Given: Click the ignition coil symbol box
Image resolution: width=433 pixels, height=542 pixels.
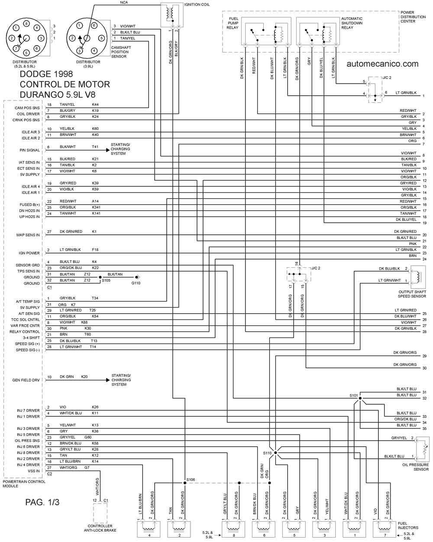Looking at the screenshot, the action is tap(172, 15).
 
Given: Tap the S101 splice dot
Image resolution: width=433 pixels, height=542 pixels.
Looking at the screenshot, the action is tap(360, 398).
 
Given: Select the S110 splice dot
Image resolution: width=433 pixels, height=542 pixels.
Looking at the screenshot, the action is tap(276, 453).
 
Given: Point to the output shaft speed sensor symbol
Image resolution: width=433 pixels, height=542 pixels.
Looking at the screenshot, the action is tap(418, 277).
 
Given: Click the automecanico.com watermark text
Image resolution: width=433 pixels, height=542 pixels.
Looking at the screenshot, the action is tap(382, 64).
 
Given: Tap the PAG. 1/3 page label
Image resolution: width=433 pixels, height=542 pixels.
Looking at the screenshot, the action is tap(42, 502).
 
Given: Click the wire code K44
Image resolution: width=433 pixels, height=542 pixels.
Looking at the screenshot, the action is tap(95, 104).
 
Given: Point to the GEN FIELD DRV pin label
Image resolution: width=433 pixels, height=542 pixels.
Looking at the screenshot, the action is tap(26, 380).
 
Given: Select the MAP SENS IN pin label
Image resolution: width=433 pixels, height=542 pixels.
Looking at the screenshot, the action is tap(28, 235).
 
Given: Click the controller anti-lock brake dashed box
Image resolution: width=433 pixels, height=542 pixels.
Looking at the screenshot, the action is tap(100, 513).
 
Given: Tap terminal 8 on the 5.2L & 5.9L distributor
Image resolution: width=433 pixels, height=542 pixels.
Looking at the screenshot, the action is tap(26, 24).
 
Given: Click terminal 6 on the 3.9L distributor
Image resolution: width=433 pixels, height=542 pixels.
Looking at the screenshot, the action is tap(94, 25).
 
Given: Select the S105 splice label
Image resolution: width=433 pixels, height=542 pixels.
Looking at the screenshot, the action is tap(106, 280).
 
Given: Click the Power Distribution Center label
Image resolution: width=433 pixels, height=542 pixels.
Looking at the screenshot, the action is tap(413, 16).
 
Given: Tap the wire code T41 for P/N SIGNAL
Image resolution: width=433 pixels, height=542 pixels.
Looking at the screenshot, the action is tap(95, 146).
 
